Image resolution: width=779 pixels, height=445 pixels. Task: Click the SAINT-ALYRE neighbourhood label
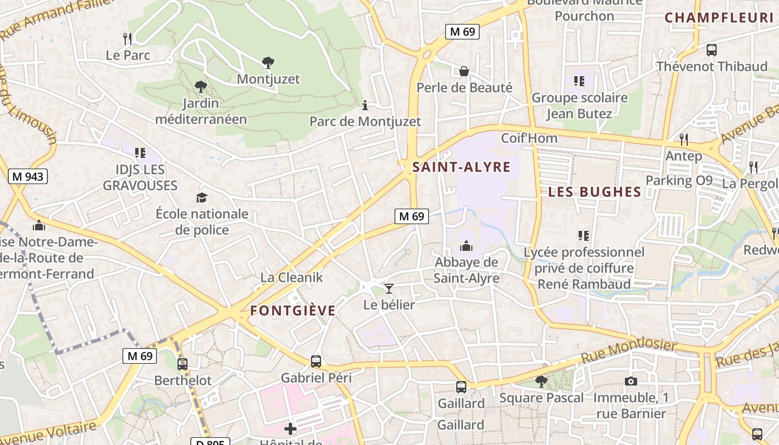point(461,167)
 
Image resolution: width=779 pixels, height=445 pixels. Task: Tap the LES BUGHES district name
point(594,192)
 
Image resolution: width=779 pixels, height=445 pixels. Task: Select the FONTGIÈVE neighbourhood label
point(293,310)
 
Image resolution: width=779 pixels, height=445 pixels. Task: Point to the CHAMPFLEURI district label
point(719,17)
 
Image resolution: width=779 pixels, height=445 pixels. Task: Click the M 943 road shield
point(28,177)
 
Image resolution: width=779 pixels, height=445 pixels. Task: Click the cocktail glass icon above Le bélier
point(388,288)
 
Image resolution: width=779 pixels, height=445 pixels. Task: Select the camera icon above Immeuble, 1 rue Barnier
point(630,381)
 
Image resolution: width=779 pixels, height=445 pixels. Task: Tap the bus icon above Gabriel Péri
point(316,361)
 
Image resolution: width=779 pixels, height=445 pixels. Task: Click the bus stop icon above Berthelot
point(183,364)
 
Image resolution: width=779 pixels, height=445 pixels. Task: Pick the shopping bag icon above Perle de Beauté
point(464,71)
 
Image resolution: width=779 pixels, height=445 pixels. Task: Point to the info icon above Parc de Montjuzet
point(365,105)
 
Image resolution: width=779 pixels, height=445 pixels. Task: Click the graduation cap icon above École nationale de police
point(201,197)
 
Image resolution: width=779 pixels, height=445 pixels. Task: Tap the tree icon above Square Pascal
point(541,381)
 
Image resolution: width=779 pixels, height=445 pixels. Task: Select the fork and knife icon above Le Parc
point(128,38)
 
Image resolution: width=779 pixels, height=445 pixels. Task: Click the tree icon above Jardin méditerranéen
point(200,86)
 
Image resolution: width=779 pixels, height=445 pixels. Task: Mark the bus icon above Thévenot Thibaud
point(711,50)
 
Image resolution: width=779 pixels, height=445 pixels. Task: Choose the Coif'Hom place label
point(529,138)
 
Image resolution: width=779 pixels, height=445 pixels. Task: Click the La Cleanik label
point(291,277)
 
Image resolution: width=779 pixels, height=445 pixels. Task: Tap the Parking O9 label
point(678,180)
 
